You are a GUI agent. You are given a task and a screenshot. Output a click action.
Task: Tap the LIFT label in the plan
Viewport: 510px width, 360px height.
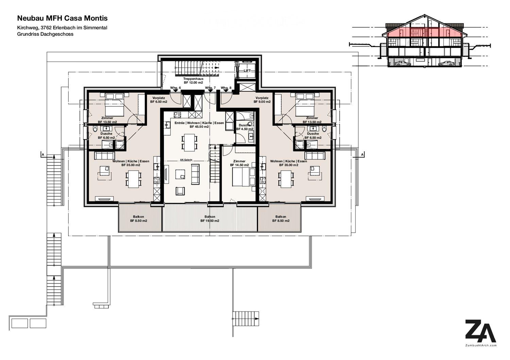click(247, 70)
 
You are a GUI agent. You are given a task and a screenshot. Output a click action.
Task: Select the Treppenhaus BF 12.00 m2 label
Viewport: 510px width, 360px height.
click(193, 81)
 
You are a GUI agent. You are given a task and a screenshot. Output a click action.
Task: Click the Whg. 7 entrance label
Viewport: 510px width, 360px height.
click(210, 88)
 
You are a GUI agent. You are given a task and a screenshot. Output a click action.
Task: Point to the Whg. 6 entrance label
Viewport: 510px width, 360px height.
click(175, 88)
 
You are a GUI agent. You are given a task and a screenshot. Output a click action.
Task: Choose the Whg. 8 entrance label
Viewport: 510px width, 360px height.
click(226, 88)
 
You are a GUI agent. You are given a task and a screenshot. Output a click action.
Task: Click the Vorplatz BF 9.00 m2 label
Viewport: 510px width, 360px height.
click(262, 100)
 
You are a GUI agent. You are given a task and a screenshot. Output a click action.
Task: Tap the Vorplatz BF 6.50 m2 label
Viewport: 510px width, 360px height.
click(158, 100)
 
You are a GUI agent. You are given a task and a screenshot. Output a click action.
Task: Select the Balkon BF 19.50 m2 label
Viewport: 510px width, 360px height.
click(210, 219)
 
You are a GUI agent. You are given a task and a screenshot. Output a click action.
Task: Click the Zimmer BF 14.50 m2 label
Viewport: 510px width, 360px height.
click(239, 163)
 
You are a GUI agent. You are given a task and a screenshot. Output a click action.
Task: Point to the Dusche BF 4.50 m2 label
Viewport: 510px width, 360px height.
click(244, 127)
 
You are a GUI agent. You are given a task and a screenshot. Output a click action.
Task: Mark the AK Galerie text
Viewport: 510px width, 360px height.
click(186, 159)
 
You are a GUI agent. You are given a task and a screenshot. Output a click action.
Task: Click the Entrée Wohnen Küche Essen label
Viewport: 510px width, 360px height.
click(194, 125)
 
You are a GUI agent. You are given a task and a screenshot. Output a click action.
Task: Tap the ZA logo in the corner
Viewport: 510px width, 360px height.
click(480, 331)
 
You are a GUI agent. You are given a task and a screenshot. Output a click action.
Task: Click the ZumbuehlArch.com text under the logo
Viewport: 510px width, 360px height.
click(480, 345)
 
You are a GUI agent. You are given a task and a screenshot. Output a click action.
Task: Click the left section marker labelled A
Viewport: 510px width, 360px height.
click(43, 155)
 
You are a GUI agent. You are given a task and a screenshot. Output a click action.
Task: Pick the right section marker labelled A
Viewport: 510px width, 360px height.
click(362, 155)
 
